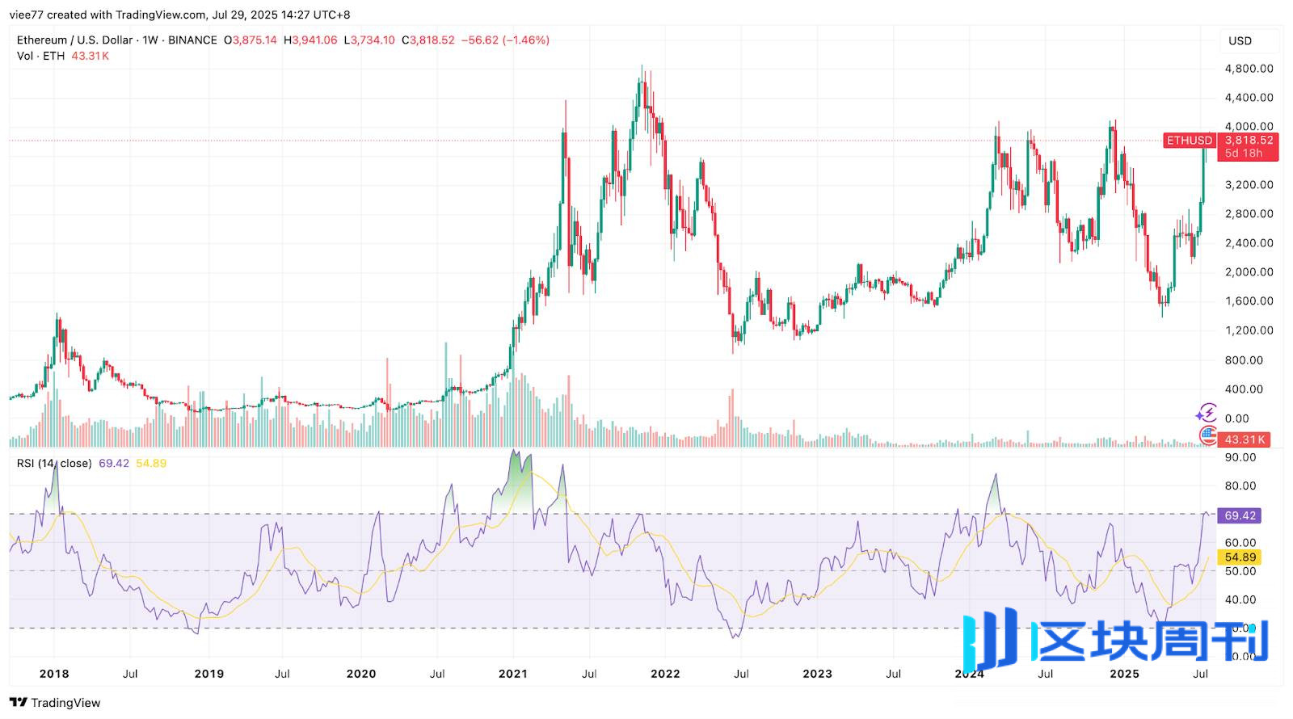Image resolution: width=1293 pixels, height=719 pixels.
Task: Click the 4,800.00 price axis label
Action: [x=1249, y=69]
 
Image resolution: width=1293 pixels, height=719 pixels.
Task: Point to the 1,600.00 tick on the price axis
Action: [x=1249, y=301]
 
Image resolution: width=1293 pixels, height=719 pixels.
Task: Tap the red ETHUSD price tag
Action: [x=1189, y=141]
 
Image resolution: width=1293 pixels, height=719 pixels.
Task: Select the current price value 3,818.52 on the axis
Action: [x=1249, y=140]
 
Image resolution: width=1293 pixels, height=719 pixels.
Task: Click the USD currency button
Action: [x=1240, y=40]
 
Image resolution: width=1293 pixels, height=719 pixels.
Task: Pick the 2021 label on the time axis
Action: [x=513, y=674]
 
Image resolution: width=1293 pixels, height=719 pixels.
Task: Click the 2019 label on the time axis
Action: [x=209, y=674]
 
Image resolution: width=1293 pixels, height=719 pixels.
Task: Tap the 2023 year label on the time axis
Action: [x=817, y=674]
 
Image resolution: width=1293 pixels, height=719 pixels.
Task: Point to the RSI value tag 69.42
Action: [x=1240, y=515]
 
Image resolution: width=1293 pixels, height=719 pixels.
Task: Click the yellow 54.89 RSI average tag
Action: [x=1240, y=557]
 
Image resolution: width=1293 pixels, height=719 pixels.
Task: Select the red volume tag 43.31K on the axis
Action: [x=1244, y=439]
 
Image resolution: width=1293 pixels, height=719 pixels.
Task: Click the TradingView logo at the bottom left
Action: [x=55, y=703]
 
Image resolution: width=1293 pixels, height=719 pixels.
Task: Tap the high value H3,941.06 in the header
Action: [x=310, y=40]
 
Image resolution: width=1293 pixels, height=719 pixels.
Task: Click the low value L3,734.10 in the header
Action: [x=369, y=40]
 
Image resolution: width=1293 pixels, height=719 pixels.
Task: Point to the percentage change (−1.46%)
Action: [x=526, y=40]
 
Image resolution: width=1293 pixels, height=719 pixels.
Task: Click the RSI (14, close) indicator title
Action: [x=54, y=464]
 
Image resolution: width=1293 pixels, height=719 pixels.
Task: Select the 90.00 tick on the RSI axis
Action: [x=1240, y=457]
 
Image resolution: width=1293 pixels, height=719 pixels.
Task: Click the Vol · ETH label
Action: [x=40, y=56]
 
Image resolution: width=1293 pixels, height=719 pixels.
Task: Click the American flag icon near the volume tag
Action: [x=1207, y=435]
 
